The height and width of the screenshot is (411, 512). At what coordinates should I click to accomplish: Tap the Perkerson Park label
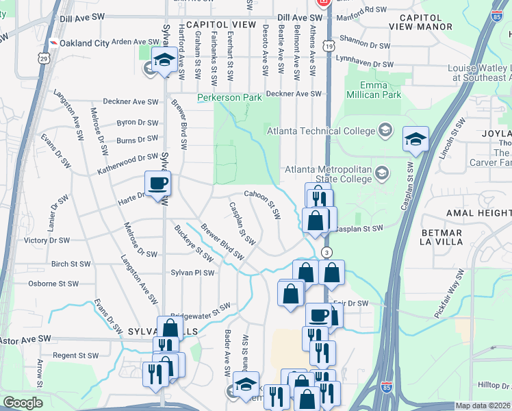click(229, 98)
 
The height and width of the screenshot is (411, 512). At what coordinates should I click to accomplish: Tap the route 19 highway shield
click(330, 46)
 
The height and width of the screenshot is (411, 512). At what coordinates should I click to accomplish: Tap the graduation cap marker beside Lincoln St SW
click(415, 140)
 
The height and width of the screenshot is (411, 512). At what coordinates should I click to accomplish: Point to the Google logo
click(22, 403)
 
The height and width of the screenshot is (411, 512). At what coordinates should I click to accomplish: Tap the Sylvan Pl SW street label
click(192, 273)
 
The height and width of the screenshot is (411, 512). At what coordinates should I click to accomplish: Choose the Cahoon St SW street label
click(263, 204)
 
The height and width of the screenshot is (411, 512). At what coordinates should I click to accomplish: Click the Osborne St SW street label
click(53, 284)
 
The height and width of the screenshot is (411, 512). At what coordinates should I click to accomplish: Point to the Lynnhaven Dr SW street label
click(368, 64)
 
